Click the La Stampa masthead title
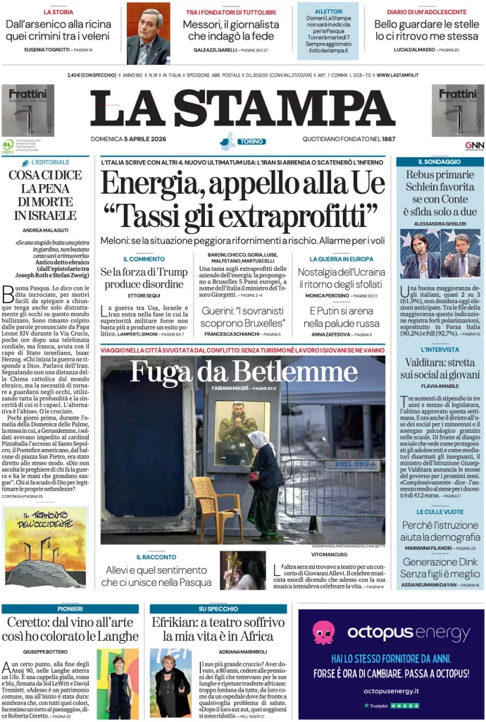coord(242,107)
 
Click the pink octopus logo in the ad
coord(323,632)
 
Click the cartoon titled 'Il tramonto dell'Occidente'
coord(46,546)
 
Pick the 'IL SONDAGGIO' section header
coord(440,162)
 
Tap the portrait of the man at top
coord(148,33)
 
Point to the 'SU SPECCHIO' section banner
coord(218,608)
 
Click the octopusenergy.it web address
coord(391,690)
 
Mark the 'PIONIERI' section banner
coord(70,608)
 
